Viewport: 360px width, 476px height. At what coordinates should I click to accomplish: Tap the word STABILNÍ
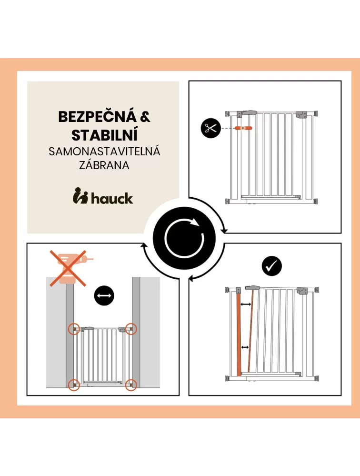pyautogui.click(x=105, y=135)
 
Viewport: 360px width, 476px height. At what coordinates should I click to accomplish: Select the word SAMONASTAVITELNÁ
pyautogui.click(x=104, y=152)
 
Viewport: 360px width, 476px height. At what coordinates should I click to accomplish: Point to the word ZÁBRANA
pyautogui.click(x=104, y=165)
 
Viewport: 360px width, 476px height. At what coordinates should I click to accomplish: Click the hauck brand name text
pyautogui.click(x=112, y=198)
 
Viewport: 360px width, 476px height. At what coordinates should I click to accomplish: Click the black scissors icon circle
pyautogui.click(x=210, y=128)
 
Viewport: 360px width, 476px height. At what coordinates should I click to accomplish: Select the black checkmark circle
pyautogui.click(x=271, y=266)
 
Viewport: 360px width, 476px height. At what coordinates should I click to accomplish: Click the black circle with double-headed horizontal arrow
pyautogui.click(x=104, y=295)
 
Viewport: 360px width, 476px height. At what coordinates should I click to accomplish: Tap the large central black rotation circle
pyautogui.click(x=184, y=238)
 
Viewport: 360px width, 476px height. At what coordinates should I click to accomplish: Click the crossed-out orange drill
pyautogui.click(x=69, y=268)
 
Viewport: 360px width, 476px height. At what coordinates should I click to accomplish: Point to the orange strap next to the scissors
pyautogui.click(x=243, y=128)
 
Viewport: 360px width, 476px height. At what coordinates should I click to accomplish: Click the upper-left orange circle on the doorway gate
pyautogui.click(x=74, y=329)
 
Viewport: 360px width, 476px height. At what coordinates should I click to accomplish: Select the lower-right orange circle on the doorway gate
pyautogui.click(x=131, y=385)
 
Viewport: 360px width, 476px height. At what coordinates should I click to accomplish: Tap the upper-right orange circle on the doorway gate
pyautogui.click(x=131, y=329)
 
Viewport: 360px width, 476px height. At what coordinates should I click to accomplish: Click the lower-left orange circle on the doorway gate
pyautogui.click(x=74, y=385)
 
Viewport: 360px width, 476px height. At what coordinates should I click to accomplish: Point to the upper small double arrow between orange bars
pyautogui.click(x=246, y=304)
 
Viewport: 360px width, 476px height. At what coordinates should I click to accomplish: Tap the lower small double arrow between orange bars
pyautogui.click(x=245, y=347)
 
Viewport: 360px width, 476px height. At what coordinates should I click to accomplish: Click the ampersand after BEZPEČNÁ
pyautogui.click(x=145, y=116)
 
